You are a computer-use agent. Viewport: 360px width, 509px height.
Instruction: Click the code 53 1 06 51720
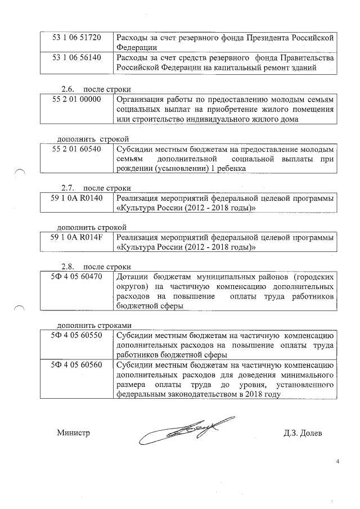pyautogui.click(x=76, y=38)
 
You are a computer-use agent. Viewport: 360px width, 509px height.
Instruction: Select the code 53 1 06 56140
pyautogui.click(x=76, y=58)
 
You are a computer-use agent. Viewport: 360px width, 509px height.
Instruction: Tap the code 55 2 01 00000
pyautogui.click(x=76, y=100)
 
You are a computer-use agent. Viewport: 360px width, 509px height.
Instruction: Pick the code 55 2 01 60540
pyautogui.click(x=76, y=150)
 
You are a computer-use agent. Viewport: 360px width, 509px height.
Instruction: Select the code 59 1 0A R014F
pyautogui.click(x=76, y=237)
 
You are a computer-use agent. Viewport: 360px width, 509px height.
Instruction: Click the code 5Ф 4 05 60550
pyautogui.click(x=76, y=335)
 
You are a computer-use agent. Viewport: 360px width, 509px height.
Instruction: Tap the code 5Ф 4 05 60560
pyautogui.click(x=76, y=364)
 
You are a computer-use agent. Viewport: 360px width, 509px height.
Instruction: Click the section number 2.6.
pyautogui.click(x=68, y=89)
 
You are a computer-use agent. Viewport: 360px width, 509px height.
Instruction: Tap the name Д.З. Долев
pyautogui.click(x=304, y=433)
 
